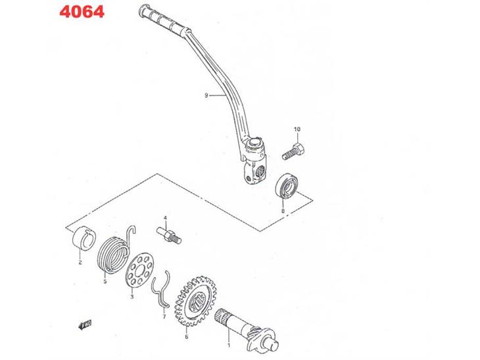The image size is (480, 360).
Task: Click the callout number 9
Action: point(206,95)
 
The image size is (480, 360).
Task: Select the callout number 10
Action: point(297,129)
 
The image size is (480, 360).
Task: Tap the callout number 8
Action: point(282,212)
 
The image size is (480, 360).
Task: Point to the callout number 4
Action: point(166,217)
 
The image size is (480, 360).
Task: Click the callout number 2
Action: point(80,263)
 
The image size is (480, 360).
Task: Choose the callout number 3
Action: point(132,296)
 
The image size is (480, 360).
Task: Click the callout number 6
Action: point(186,338)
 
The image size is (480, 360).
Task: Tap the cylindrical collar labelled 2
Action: point(84,237)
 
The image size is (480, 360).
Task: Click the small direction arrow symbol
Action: point(84,325)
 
